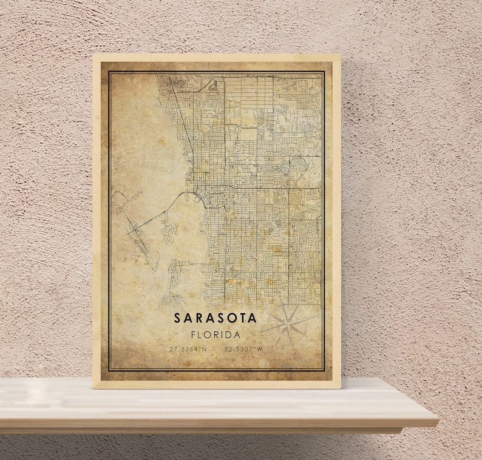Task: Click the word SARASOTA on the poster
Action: point(216,317)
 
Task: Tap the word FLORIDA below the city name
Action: point(216,334)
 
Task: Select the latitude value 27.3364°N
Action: point(188,349)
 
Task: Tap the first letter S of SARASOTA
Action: point(177,317)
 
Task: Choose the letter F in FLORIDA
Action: point(193,334)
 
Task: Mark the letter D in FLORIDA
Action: point(227,334)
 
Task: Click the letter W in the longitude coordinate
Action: point(260,349)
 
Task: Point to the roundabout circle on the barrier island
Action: point(133,229)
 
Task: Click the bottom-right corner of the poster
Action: point(341,388)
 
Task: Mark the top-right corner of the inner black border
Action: point(325,72)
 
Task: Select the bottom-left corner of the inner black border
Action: point(109,371)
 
